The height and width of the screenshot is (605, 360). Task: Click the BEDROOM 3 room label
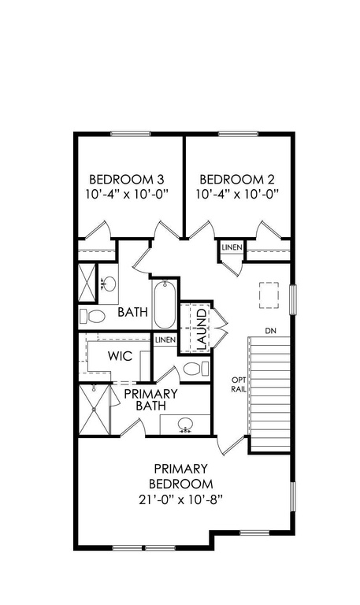point(127,180)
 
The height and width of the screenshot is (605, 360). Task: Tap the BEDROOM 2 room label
point(237,180)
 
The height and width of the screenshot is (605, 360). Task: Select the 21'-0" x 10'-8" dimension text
point(181,500)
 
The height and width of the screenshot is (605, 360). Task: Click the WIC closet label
point(120,356)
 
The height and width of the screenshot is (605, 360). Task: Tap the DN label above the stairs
point(270,331)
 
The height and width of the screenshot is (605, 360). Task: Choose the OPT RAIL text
point(239,384)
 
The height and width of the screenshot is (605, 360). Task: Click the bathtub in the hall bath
point(165,304)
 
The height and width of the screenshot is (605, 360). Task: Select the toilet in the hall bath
point(92,317)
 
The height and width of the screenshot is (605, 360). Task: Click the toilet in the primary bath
point(197,369)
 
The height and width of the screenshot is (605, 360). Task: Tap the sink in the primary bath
point(186,425)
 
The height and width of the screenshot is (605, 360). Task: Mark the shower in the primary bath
point(95,410)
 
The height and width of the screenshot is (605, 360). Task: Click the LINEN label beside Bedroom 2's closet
point(232,247)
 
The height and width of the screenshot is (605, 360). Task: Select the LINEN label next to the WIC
point(165,340)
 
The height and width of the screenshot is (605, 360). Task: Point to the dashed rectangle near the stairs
point(269,295)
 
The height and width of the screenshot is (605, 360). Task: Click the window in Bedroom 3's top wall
point(131,134)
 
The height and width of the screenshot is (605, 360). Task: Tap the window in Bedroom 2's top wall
point(238,134)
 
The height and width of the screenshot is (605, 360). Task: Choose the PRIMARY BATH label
point(150,399)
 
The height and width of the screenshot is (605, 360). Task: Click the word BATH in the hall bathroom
point(132,312)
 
